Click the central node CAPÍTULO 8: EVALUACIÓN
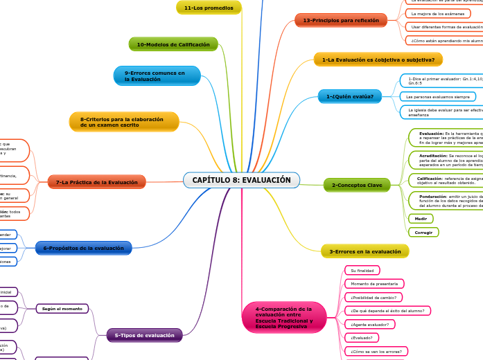[x=241, y=180]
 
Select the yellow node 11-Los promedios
[x=209, y=8]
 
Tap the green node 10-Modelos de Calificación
[x=173, y=44]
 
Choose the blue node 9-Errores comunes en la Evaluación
[x=157, y=75]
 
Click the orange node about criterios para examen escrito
[x=124, y=122]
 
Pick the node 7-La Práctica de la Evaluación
[x=97, y=182]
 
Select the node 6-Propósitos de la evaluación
[x=84, y=248]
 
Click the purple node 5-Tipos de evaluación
[x=145, y=335]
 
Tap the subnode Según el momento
[x=62, y=308]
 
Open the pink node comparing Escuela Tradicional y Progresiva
[x=284, y=317]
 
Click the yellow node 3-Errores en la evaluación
[x=365, y=251]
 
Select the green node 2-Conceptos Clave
[x=357, y=185]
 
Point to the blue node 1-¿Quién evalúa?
[x=350, y=96]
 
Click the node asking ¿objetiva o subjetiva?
[x=378, y=60]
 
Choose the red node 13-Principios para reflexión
[x=341, y=20]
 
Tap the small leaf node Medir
[x=421, y=219]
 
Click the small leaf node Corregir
[x=423, y=232]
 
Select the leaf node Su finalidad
[x=362, y=270]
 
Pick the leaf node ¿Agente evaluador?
[x=369, y=324]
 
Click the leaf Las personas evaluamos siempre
[x=438, y=96]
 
